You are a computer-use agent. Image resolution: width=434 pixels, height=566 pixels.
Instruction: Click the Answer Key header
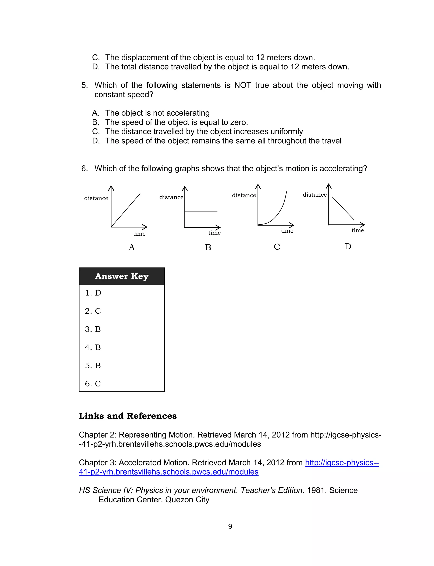tap(122, 276)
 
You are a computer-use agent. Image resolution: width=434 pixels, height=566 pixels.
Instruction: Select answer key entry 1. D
tap(93, 293)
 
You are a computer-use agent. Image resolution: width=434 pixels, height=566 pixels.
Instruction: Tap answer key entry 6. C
tap(93, 384)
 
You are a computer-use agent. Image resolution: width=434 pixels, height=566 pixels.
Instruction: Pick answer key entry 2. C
tap(93, 311)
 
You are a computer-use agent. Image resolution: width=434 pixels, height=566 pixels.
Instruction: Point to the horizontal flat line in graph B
tap(201, 212)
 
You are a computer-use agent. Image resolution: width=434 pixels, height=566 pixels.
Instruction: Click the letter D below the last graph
tap(348, 247)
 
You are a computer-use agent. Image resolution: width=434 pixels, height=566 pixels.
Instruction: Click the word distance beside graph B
tap(171, 197)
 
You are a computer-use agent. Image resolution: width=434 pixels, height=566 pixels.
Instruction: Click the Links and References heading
tap(128, 416)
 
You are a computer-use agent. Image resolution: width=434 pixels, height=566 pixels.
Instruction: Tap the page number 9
tap(230, 527)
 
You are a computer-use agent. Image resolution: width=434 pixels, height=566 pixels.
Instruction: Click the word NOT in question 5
tap(242, 85)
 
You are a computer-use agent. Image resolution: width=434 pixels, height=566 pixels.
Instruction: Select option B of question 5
tap(171, 122)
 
